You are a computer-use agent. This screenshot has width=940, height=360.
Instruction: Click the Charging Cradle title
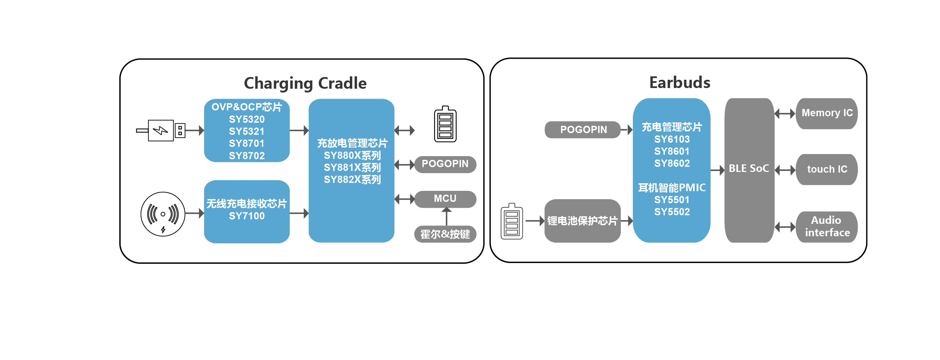click(305, 84)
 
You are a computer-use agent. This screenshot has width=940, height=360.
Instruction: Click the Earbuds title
click(679, 83)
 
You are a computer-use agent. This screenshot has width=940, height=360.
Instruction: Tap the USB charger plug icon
click(161, 130)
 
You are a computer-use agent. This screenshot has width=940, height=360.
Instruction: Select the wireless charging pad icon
click(163, 214)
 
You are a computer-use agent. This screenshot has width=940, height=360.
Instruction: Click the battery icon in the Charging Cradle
click(445, 124)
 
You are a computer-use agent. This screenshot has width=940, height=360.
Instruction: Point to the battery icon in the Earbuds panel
click(511, 221)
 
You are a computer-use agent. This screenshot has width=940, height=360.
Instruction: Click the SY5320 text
click(247, 119)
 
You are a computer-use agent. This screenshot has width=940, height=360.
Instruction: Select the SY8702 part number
click(247, 156)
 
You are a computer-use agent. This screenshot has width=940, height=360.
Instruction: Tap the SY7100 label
click(247, 216)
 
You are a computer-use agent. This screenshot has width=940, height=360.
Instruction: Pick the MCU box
click(445, 199)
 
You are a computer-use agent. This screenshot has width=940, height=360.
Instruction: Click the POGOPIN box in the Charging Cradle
click(445, 164)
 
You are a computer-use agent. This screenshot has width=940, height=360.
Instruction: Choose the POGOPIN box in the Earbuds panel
click(583, 130)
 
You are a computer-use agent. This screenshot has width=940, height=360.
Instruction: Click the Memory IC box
click(826, 113)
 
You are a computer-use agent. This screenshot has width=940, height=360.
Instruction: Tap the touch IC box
click(826, 170)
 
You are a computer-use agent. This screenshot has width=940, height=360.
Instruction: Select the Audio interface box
click(826, 227)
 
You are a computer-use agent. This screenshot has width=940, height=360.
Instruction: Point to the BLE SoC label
click(749, 168)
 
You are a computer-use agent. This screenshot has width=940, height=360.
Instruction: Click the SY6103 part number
click(672, 139)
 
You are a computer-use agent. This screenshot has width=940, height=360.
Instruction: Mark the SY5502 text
click(672, 212)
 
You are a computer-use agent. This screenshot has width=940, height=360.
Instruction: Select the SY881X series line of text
click(352, 167)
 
